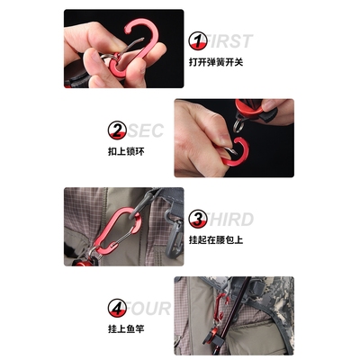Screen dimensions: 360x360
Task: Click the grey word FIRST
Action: (x=230, y=40)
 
